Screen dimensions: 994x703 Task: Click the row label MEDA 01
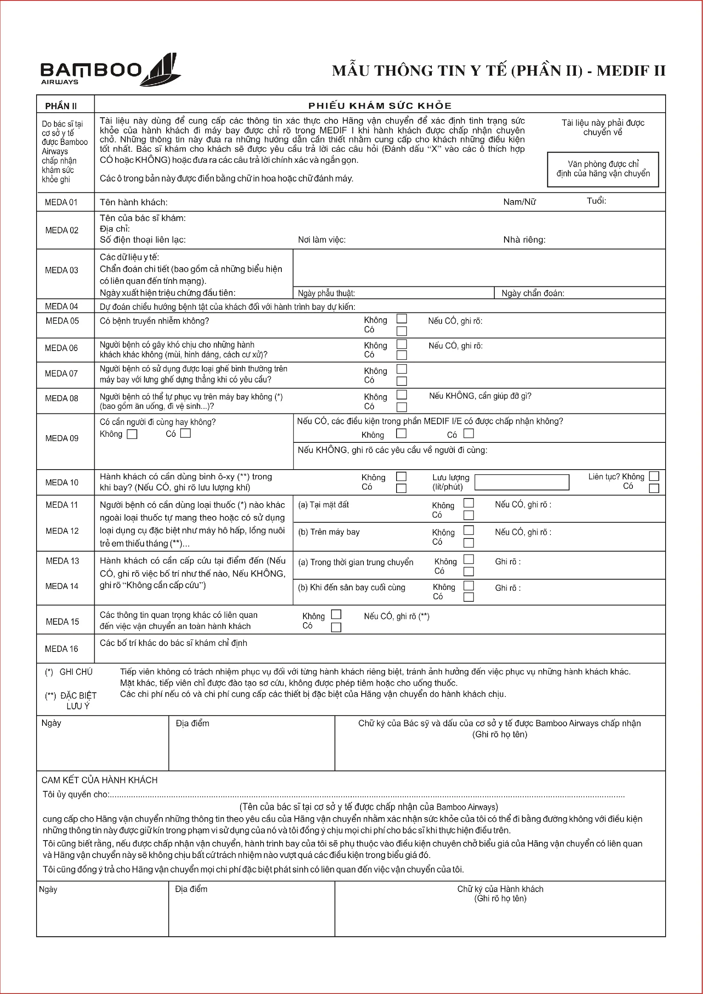[61, 202]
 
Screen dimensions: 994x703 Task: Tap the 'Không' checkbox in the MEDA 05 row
[402, 319]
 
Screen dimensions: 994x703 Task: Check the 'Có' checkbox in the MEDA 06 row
[402, 355]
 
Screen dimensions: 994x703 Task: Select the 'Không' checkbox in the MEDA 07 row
[402, 369]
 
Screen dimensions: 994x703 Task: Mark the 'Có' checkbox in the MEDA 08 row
[402, 407]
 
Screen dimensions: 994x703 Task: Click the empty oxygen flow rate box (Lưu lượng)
[522, 482]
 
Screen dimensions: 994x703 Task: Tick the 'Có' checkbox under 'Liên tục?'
[654, 488]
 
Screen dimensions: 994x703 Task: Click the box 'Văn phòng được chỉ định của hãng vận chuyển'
[603, 169]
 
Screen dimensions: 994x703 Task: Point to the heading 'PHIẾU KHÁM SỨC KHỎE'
[380, 106]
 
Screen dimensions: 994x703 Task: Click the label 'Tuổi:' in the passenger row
[596, 201]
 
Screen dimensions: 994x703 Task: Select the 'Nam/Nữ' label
[519, 202]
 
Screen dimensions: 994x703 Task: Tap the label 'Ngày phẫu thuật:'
[326, 294]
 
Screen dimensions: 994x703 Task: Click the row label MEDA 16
[62, 649]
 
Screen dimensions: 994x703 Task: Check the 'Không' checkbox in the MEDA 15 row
[336, 615]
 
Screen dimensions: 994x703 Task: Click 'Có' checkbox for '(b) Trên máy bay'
[468, 543]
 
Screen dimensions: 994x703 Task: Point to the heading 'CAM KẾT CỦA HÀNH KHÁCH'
[99, 780]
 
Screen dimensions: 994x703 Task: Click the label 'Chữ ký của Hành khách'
[500, 889]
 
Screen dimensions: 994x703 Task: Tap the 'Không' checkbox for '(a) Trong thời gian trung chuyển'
[468, 559]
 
